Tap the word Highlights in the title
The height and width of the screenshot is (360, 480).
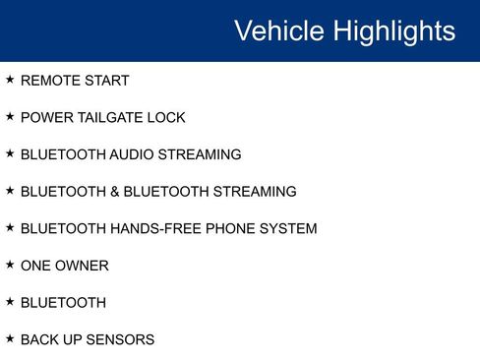point(394,30)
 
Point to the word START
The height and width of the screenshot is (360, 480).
point(106,81)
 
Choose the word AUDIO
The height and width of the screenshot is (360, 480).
point(134,154)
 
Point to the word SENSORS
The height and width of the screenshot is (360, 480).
point(119,340)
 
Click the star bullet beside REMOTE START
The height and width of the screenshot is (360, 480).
point(10,80)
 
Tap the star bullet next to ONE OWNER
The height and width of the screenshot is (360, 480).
point(10,265)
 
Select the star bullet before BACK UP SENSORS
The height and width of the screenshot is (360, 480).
point(10,339)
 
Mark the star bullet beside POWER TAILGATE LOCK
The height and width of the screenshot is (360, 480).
point(10,117)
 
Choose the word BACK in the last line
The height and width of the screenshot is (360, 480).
point(37,340)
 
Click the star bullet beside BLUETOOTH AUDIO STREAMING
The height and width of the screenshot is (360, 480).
point(10,153)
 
